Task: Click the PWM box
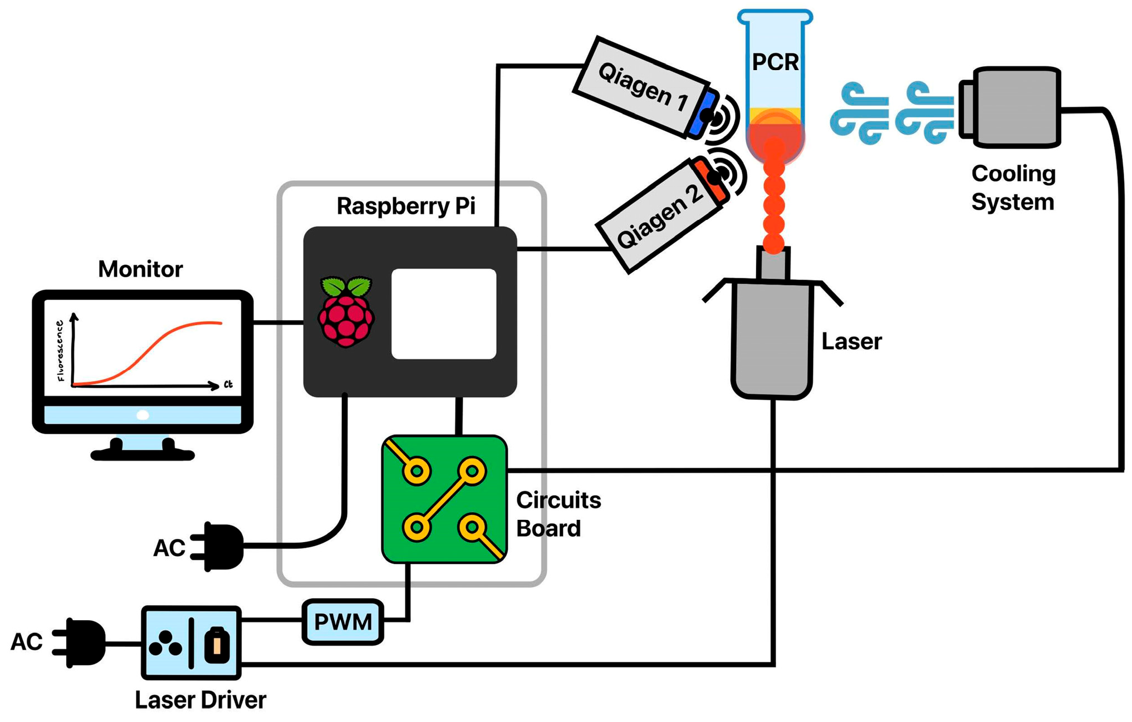click(342, 621)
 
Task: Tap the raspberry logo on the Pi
click(346, 311)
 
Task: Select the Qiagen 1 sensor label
click(643, 86)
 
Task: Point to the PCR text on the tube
click(775, 62)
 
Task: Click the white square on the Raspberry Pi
click(444, 313)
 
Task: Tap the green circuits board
click(444, 499)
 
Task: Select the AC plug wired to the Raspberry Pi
click(220, 547)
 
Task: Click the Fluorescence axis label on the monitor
click(60, 351)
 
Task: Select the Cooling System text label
click(1013, 188)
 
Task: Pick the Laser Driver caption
click(200, 700)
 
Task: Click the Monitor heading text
click(140, 269)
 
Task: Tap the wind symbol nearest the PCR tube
click(857, 113)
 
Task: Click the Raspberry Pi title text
click(406, 206)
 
